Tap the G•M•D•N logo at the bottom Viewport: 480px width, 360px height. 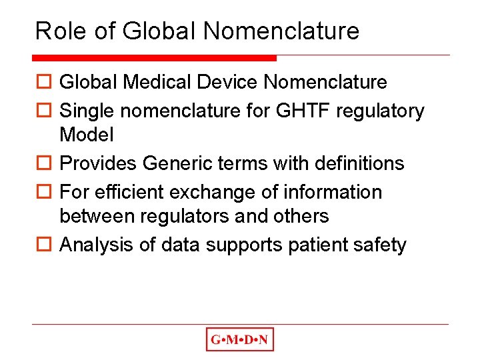[240, 340]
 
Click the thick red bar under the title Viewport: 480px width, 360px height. [155, 58]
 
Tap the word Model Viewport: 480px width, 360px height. [87, 135]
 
